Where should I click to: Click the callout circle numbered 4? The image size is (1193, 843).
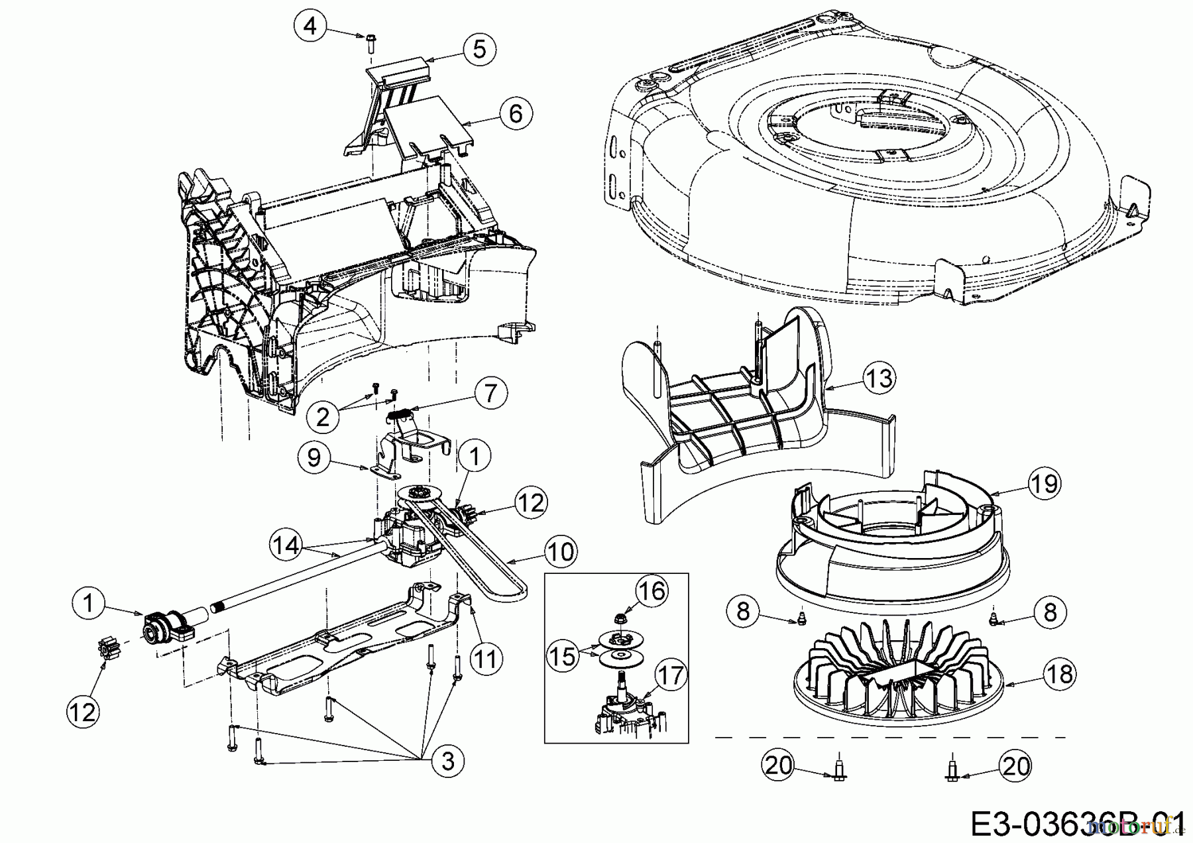pyautogui.click(x=310, y=27)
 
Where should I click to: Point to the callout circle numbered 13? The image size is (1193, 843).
pyautogui.click(x=880, y=378)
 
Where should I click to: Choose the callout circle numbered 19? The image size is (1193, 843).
pyautogui.click(x=1043, y=483)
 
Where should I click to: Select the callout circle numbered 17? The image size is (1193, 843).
pyautogui.click(x=671, y=676)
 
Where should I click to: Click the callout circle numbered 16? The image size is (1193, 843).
pyautogui.click(x=652, y=590)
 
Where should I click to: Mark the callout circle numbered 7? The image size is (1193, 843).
pyautogui.click(x=490, y=394)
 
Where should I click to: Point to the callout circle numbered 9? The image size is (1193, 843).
pyautogui.click(x=315, y=457)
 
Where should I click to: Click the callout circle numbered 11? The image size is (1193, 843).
pyautogui.click(x=486, y=659)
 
